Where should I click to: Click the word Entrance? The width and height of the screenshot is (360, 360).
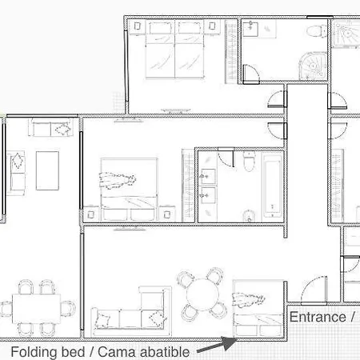318,317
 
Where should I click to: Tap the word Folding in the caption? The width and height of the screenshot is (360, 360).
34,352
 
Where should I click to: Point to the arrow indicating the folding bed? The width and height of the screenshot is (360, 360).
217,345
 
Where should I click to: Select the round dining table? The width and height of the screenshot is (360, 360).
202,294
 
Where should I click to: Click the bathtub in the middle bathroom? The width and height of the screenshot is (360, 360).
272,187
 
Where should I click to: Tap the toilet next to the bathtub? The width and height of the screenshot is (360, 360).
249,161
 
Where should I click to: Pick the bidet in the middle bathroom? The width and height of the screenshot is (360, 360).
250,215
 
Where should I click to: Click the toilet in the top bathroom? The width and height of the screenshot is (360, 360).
317,31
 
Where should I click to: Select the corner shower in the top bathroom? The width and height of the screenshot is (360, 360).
313,66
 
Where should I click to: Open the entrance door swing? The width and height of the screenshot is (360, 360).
314,290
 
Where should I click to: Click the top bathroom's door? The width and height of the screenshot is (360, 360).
251,74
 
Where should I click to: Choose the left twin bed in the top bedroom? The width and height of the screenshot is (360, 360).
160,50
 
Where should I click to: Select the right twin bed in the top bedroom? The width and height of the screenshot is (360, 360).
190,50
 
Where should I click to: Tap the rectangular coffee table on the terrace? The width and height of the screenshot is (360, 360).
47,170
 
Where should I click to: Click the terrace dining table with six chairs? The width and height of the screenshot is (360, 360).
37,309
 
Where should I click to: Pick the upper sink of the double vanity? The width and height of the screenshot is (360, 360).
208,176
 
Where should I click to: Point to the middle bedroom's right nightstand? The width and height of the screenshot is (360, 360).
167,214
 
